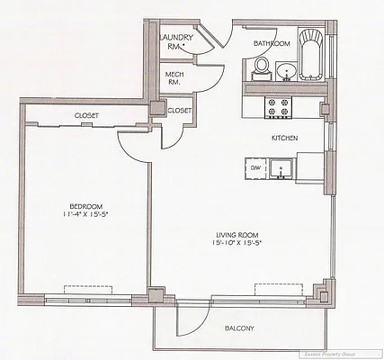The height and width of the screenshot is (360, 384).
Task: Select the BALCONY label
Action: pyautogui.click(x=238, y=328)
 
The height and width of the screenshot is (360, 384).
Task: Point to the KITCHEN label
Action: pyautogui.click(x=285, y=138)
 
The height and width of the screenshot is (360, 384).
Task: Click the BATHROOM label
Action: pyautogui.click(x=271, y=42)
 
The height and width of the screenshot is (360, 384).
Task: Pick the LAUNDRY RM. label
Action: pyautogui.click(x=175, y=42)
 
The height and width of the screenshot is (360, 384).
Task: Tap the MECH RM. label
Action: pyautogui.click(x=173, y=77)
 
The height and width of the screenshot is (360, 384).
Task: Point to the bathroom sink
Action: pyautogui.click(x=287, y=70)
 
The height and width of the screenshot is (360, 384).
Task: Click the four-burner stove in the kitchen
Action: pyautogui.click(x=278, y=107)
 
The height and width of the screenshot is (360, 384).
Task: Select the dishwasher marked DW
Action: pyautogui.click(x=255, y=167)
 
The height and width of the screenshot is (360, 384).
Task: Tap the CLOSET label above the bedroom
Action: pyautogui.click(x=86, y=116)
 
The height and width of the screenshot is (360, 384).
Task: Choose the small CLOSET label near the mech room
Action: pyautogui.click(x=179, y=110)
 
